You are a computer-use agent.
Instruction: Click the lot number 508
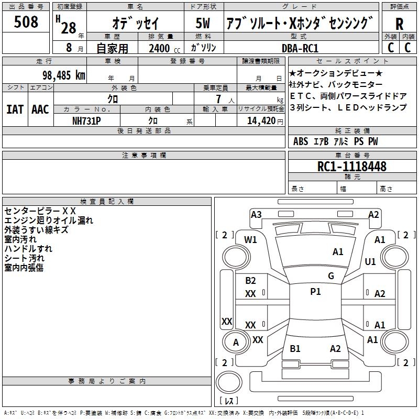coord(26,21)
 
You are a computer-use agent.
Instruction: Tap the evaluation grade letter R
coord(399,24)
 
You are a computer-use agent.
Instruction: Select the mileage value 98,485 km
coord(64,75)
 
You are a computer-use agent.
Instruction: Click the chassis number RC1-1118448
coord(351,167)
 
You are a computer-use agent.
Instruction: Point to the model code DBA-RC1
coord(300,48)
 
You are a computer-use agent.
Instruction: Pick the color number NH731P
coord(86,121)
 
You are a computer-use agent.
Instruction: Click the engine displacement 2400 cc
coord(164,48)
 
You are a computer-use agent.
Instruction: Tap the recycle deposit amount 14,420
coord(261,121)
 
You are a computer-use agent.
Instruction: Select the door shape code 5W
coord(203,23)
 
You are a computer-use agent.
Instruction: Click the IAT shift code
coord(15,109)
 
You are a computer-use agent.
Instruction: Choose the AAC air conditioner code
coord(40,109)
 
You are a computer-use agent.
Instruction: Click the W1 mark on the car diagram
coord(250,240)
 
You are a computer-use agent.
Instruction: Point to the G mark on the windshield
coord(331,275)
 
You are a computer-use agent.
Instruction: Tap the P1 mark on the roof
coord(315,292)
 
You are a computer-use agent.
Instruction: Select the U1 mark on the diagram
coord(370,261)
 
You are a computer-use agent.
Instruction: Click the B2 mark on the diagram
coord(250,280)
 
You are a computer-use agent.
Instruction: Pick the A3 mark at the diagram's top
coord(256,215)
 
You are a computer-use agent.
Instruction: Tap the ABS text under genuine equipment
coord(301,141)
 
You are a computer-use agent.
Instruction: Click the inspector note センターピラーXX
coord(40,211)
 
